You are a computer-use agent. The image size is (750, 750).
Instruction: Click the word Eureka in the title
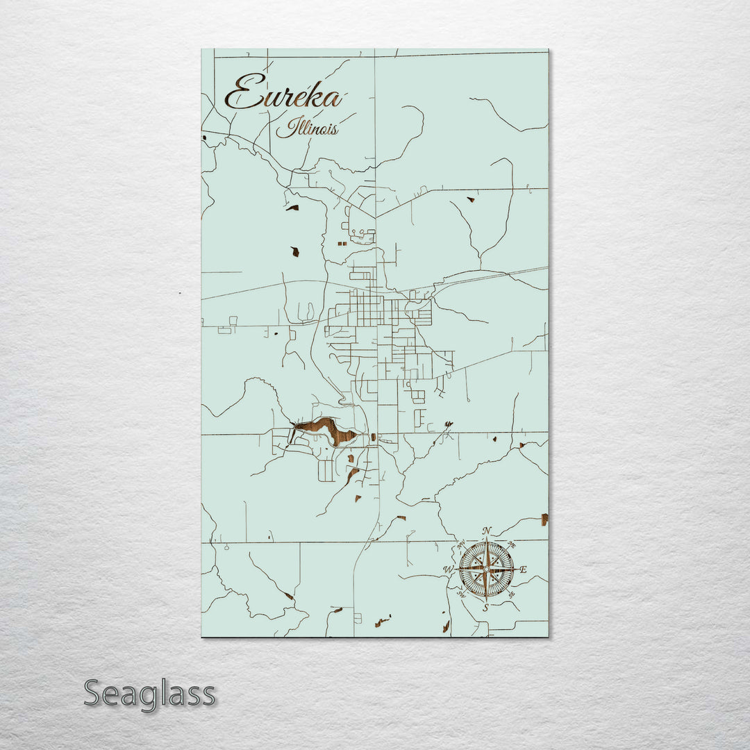(283, 94)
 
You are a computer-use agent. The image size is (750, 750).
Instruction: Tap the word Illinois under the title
(307, 128)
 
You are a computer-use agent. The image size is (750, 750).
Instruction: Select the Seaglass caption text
(149, 694)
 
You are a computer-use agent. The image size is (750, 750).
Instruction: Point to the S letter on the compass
(486, 608)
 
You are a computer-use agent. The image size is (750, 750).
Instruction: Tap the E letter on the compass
(524, 569)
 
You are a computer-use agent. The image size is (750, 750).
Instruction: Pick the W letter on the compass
(448, 570)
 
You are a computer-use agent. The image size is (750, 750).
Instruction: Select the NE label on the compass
(512, 544)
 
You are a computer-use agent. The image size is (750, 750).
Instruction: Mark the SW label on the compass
(461, 594)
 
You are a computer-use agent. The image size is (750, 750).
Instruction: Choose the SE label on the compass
(512, 594)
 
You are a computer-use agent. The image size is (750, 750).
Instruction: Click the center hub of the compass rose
(486, 569)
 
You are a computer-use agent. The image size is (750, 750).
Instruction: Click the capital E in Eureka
(240, 94)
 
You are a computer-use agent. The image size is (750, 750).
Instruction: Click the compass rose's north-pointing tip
(486, 538)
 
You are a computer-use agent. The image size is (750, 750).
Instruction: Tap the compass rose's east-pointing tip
(517, 569)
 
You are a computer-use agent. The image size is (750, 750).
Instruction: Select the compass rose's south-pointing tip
(486, 601)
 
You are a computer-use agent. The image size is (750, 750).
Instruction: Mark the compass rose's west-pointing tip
(456, 569)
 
